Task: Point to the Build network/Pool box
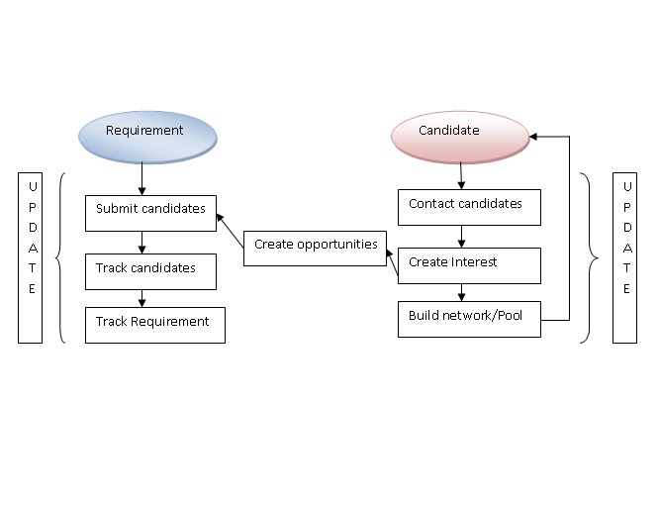click(469, 319)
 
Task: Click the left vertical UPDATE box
click(31, 257)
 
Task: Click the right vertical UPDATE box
click(624, 257)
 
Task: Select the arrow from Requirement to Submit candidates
click(143, 178)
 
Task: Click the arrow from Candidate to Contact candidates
click(461, 176)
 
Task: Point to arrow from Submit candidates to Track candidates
click(143, 242)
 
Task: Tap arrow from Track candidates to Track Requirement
click(143, 298)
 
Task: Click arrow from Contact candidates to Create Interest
click(461, 236)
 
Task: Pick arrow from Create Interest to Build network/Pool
click(461, 292)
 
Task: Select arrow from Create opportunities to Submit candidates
click(231, 229)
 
